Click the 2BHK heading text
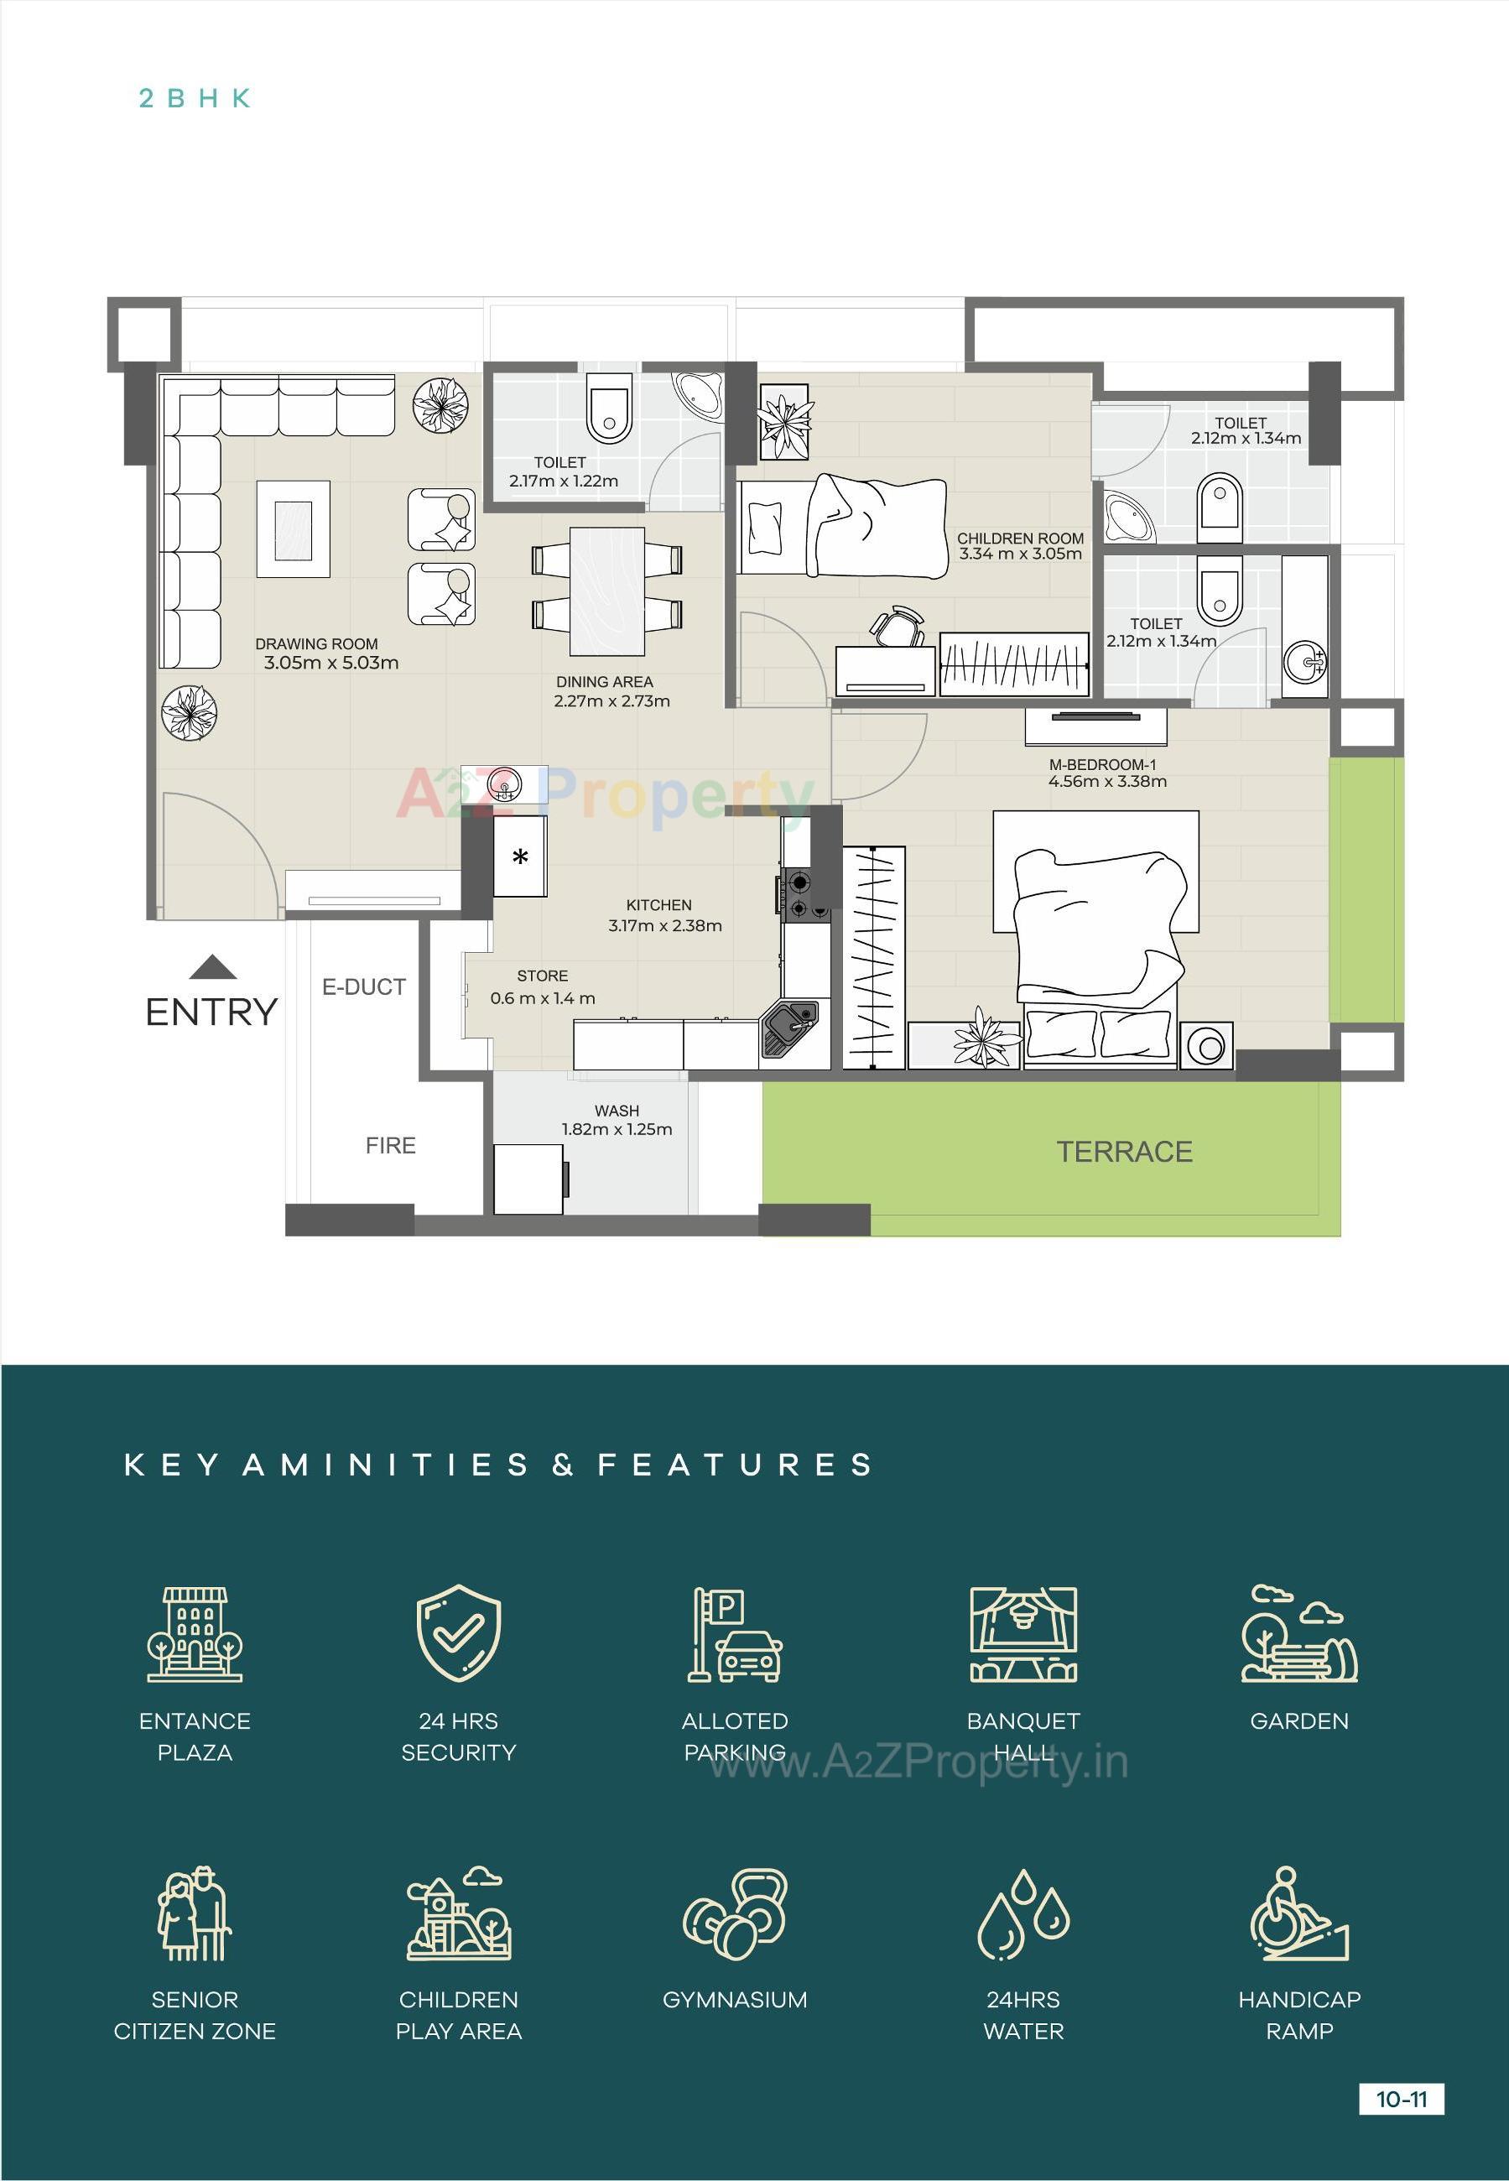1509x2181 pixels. (x=195, y=98)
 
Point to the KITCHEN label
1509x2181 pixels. (x=658, y=905)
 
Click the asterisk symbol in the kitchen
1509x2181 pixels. (x=520, y=858)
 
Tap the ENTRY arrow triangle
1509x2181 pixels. (x=213, y=967)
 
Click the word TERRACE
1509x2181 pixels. (x=1123, y=1152)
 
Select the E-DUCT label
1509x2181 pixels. (x=363, y=987)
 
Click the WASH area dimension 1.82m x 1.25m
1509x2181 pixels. (x=617, y=1129)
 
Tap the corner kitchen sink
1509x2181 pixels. (x=789, y=1028)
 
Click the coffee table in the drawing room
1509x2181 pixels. (x=293, y=529)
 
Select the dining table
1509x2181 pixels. (x=607, y=591)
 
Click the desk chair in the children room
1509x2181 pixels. (x=897, y=626)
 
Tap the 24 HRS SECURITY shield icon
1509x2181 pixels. (x=459, y=1632)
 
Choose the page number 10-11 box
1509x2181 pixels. (x=1400, y=2099)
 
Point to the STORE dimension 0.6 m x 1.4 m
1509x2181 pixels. (x=542, y=998)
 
